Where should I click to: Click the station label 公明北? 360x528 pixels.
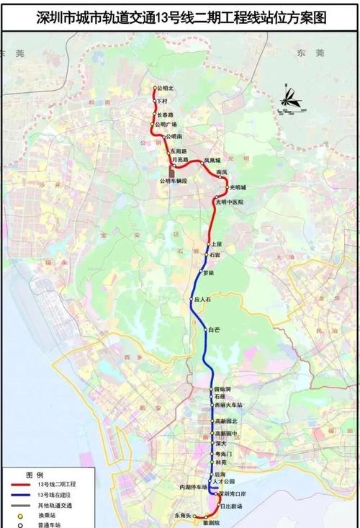click(x=165, y=89)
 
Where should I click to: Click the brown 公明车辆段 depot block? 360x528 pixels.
click(x=171, y=171)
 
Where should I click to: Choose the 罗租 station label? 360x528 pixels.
click(x=210, y=273)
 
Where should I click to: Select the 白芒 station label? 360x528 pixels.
click(x=214, y=330)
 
